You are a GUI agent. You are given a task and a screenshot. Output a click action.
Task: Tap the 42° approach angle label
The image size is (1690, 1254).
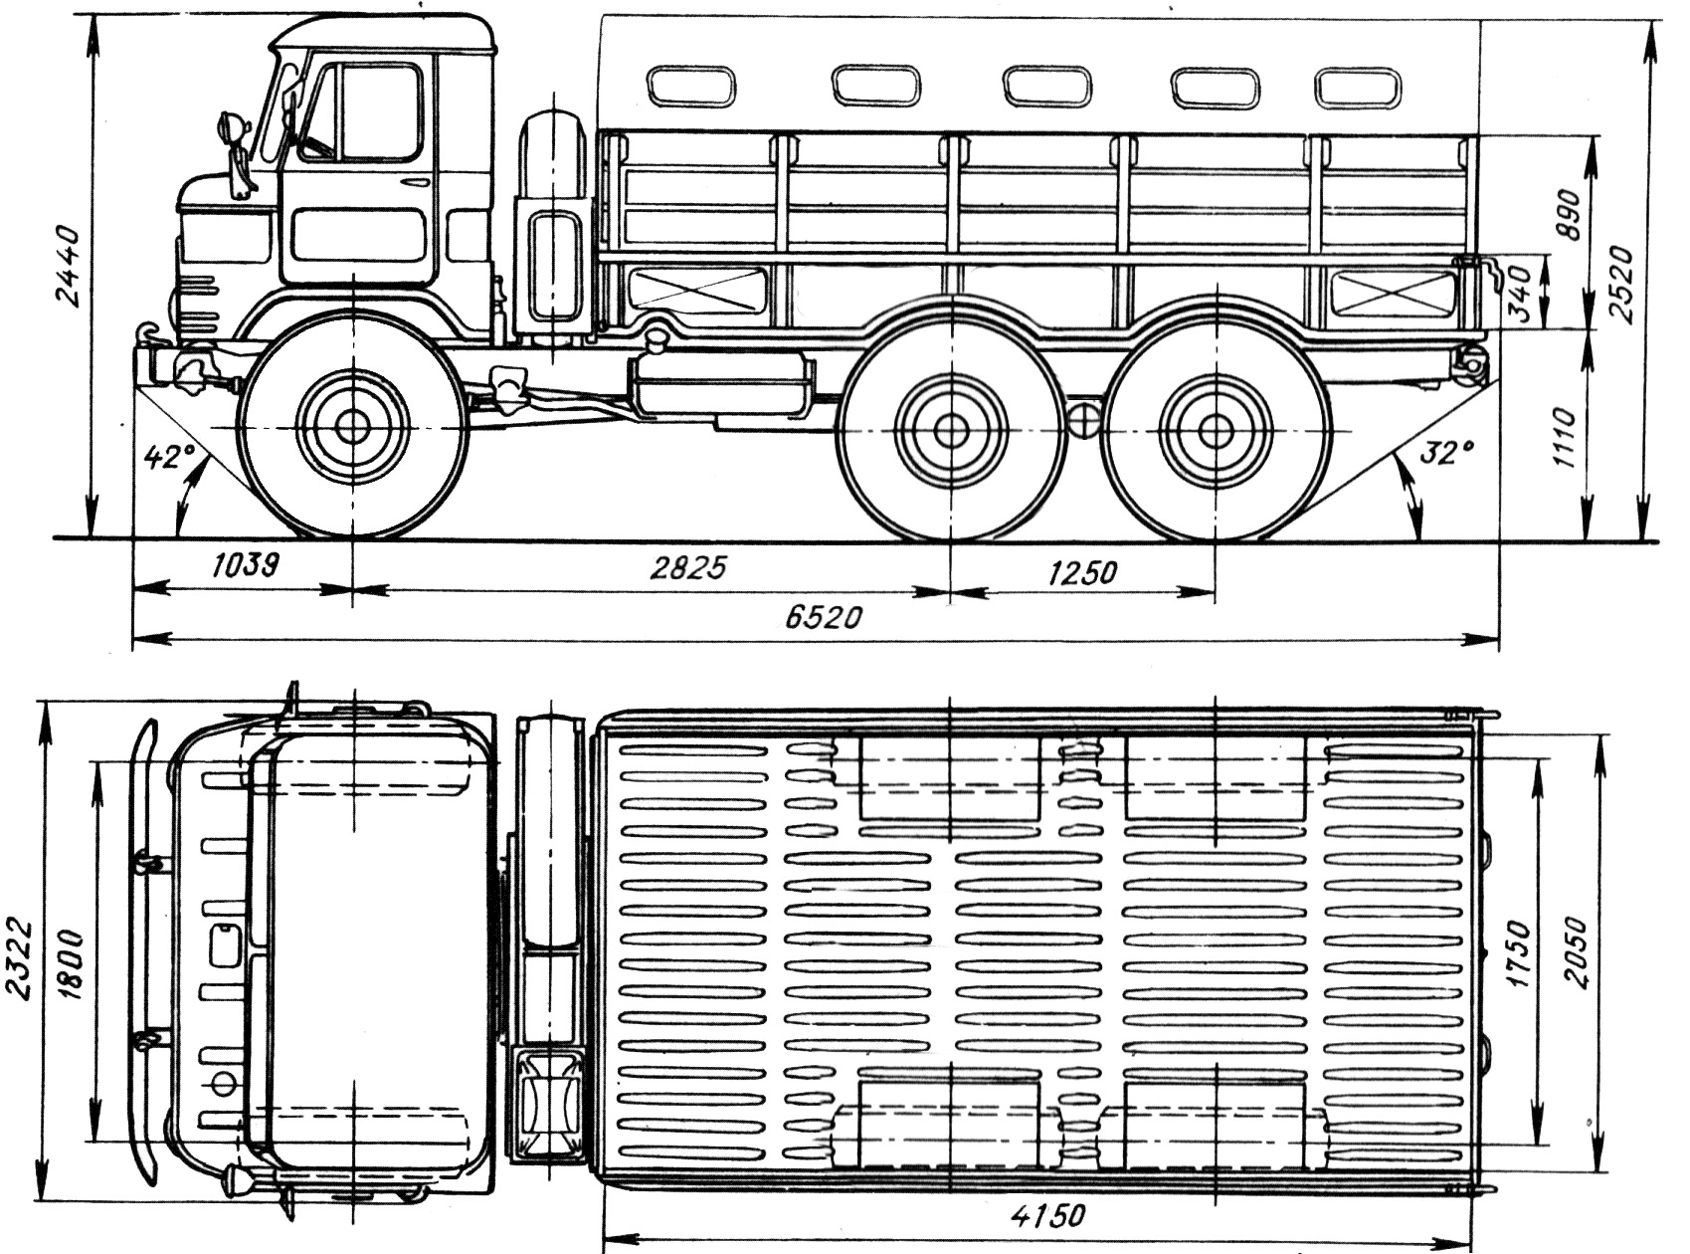point(166,458)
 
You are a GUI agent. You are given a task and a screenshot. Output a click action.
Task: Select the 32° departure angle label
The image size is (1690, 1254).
point(1446,454)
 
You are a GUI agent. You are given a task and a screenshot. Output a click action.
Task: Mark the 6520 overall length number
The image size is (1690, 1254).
point(822,618)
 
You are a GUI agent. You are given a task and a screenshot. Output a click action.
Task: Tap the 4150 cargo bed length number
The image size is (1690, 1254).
point(1045,1216)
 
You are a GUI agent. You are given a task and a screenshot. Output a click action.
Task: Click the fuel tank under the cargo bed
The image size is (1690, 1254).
point(723,387)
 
